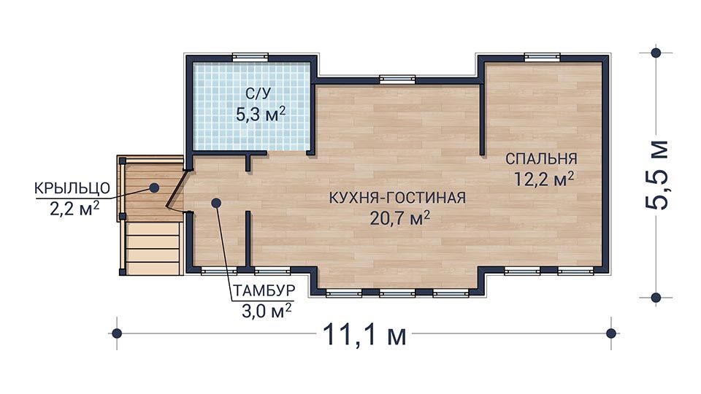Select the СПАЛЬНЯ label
click(x=541, y=158)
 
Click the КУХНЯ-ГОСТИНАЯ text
click(x=397, y=198)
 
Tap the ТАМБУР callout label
click(x=264, y=290)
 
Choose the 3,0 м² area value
click(x=267, y=309)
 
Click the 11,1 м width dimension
click(x=364, y=336)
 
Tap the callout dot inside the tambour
click(x=215, y=204)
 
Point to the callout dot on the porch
click(x=155, y=187)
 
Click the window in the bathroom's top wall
click(x=250, y=57)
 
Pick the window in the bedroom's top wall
click(x=541, y=57)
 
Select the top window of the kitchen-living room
click(x=397, y=79)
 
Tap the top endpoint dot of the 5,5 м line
click(x=656, y=53)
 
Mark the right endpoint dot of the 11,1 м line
click(x=611, y=333)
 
